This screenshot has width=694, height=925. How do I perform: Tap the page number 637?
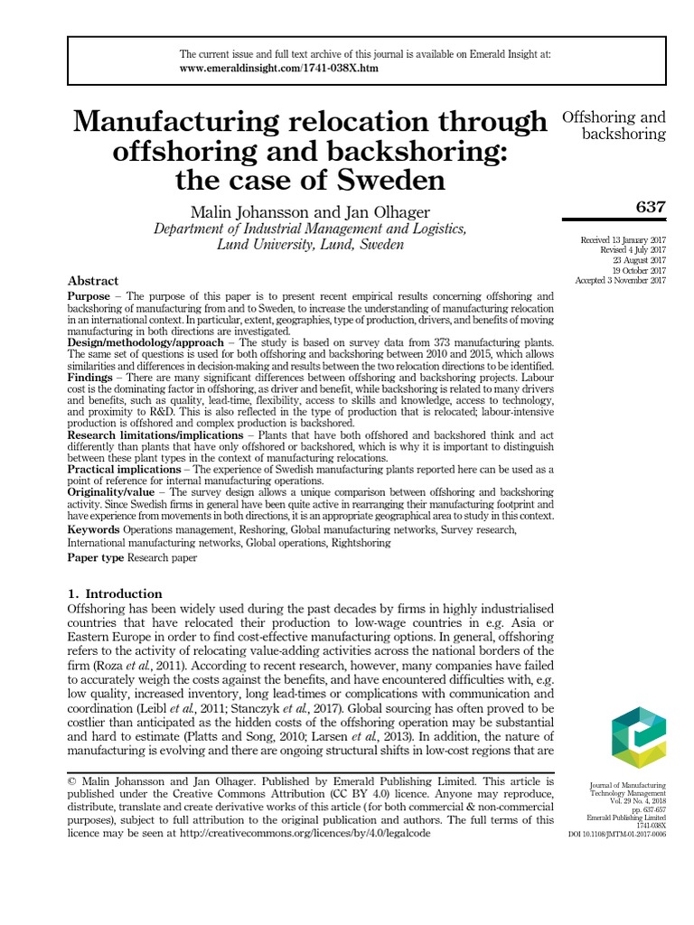pyautogui.click(x=651, y=207)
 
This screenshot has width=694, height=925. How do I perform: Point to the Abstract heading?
pyautogui.click(x=93, y=281)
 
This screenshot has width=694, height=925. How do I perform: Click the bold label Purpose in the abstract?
pyautogui.click(x=89, y=296)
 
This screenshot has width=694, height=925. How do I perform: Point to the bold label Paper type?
pyautogui.click(x=96, y=558)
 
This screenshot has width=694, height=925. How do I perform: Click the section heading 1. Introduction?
pyautogui.click(x=115, y=593)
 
